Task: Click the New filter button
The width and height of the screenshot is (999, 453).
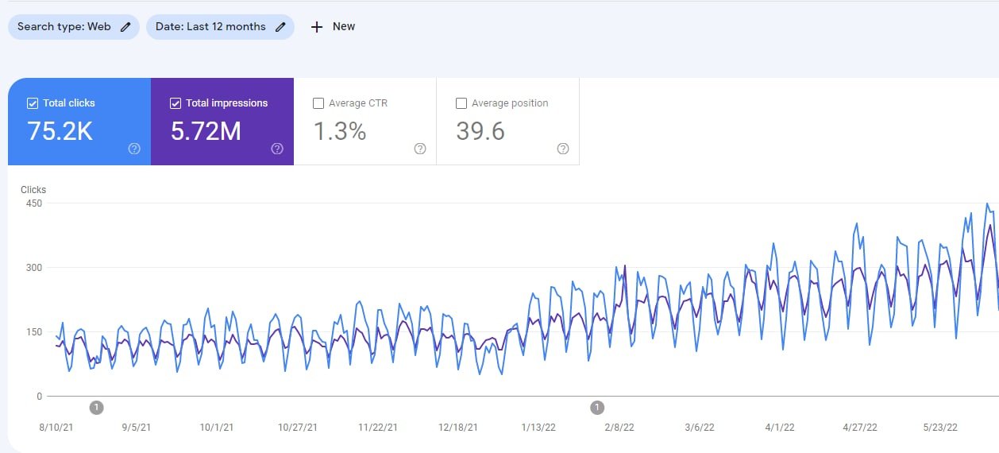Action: [333, 26]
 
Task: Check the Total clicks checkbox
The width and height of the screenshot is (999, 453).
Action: [33, 103]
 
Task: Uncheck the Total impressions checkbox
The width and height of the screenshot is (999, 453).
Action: [175, 103]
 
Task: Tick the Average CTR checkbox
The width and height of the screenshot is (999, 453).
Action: [318, 103]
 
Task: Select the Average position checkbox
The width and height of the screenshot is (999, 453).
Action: [461, 103]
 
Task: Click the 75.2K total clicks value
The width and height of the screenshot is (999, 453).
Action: [60, 131]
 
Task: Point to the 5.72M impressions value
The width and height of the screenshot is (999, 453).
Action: [206, 131]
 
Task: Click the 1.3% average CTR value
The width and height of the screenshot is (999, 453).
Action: [340, 131]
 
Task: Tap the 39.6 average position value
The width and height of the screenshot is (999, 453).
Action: [480, 131]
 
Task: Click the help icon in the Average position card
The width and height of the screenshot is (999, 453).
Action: [563, 149]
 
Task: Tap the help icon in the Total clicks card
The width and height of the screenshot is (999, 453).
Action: [134, 149]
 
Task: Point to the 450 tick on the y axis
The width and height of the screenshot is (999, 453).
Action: [33, 203]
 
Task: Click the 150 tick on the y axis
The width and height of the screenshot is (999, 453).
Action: [33, 331]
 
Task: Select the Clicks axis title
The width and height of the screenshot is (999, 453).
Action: [33, 190]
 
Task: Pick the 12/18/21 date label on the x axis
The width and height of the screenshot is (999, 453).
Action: [458, 428]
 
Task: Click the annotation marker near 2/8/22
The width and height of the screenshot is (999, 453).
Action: [597, 408]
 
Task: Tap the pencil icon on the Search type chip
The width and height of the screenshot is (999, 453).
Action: [125, 26]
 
